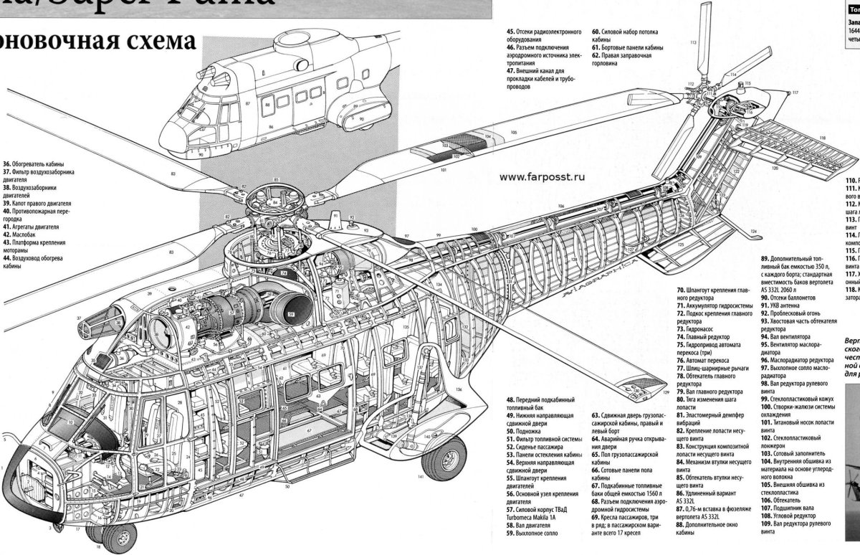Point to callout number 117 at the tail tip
[795, 93]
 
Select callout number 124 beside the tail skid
[754, 232]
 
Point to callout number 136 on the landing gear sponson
[457, 388]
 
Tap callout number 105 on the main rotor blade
[513, 133]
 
